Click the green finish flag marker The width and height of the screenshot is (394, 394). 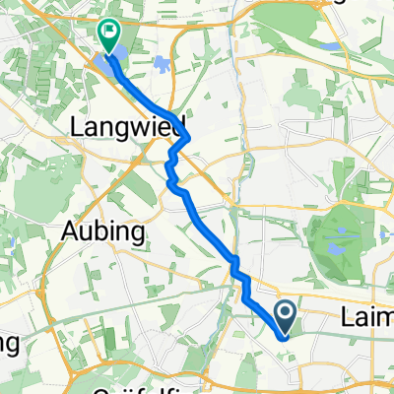108,37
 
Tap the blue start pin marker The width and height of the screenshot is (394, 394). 286,317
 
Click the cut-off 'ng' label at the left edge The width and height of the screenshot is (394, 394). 8,343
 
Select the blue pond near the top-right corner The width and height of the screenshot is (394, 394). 332,46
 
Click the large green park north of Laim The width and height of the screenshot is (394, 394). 335,227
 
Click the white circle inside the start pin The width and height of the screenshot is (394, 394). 286,313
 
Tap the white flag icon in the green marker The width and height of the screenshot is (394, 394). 108,33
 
